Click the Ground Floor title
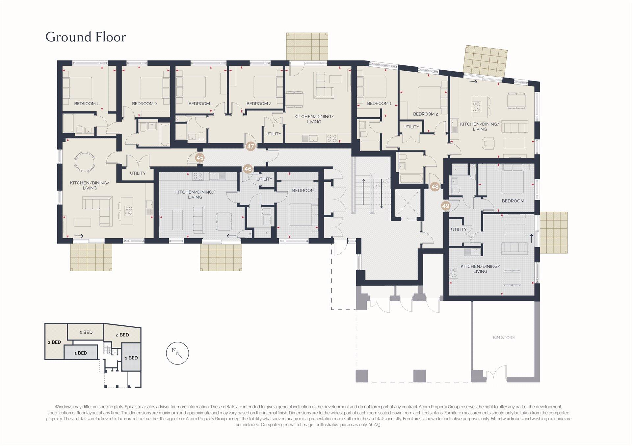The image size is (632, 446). tap(86, 37)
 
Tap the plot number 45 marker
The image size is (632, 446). tap(200, 158)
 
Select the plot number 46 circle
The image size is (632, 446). tap(248, 169)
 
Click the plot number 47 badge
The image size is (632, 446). tap(251, 146)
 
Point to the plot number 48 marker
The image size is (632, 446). tap(435, 187)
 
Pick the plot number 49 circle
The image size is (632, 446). tap(446, 206)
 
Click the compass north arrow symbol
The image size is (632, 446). tap(178, 353)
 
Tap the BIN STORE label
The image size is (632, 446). tap(504, 338)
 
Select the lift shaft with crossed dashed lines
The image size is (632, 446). tap(408, 204)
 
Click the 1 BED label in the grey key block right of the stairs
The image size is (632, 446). tap(131, 358)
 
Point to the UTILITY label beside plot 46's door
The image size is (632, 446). tap(264, 179)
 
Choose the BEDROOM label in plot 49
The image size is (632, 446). tap(513, 201)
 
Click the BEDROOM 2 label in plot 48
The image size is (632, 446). tap(426, 114)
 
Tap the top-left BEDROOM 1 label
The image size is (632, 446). tap(86, 104)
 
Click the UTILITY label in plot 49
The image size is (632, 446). tap(459, 229)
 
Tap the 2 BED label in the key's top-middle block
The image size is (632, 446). tap(86, 332)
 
